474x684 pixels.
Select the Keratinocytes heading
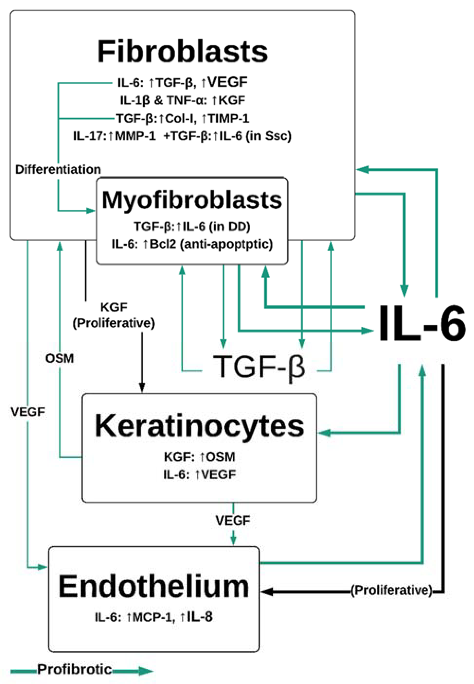[199, 426]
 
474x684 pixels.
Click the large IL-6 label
[422, 324]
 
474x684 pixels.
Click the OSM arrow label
[59, 358]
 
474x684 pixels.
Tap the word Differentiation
[58, 170]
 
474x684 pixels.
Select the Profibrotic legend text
[75, 669]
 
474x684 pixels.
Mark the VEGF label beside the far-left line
[28, 412]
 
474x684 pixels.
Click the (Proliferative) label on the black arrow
[392, 590]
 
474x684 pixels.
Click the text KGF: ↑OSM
[199, 457]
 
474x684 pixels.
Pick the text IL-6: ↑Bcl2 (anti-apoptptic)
[192, 244]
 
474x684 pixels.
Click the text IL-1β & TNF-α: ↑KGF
[182, 100]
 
